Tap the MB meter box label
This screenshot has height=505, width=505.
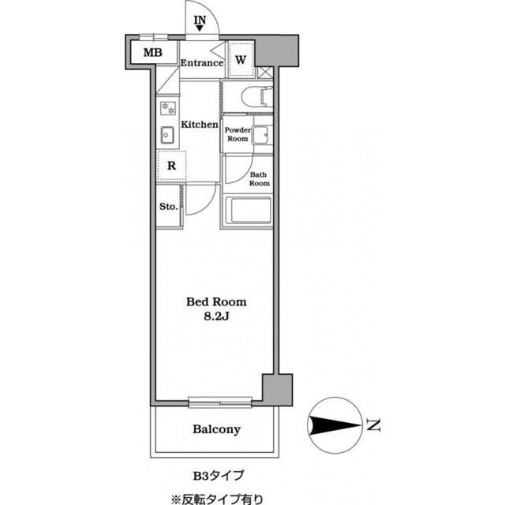click(153, 54)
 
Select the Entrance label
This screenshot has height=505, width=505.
click(201, 63)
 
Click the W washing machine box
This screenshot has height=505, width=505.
click(241, 59)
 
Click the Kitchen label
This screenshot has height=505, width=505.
click(200, 125)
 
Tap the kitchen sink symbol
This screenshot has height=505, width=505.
click(167, 135)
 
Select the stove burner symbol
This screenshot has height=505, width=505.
click(167, 108)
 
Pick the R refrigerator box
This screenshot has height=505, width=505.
click(170, 166)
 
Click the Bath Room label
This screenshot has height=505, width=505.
click(260, 178)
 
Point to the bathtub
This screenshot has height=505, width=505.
click(248, 211)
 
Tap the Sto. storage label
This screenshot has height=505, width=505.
click(167, 208)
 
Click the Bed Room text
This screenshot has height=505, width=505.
click(215, 301)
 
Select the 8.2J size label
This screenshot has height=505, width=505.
click(215, 317)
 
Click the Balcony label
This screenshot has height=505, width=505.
click(216, 430)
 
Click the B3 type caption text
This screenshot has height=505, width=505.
click(219, 475)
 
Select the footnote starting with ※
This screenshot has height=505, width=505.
click(215, 498)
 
